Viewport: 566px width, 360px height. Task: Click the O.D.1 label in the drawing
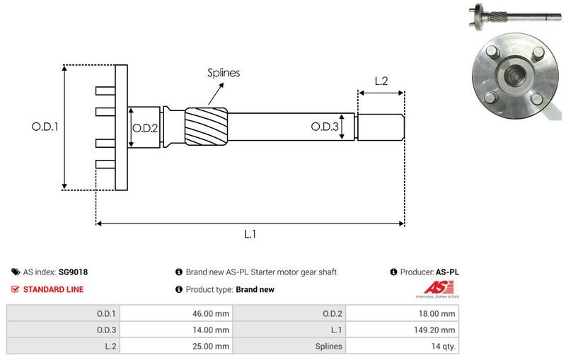(x=44, y=127)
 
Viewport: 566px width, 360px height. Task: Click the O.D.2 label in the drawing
(x=145, y=127)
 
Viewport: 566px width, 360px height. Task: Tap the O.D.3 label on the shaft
(x=325, y=127)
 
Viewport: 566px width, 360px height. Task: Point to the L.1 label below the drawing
(x=250, y=235)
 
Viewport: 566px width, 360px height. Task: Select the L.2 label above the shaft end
(x=380, y=81)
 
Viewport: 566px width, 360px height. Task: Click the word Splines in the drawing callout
(x=224, y=72)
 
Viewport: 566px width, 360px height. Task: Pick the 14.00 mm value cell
(x=212, y=330)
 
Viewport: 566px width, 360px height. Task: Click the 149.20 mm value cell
(x=436, y=330)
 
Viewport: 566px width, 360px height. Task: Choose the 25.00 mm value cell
(x=212, y=346)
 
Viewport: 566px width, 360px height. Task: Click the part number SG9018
(x=74, y=272)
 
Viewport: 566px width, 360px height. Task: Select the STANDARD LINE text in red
(x=53, y=289)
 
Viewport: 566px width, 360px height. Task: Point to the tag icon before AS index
(x=16, y=272)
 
